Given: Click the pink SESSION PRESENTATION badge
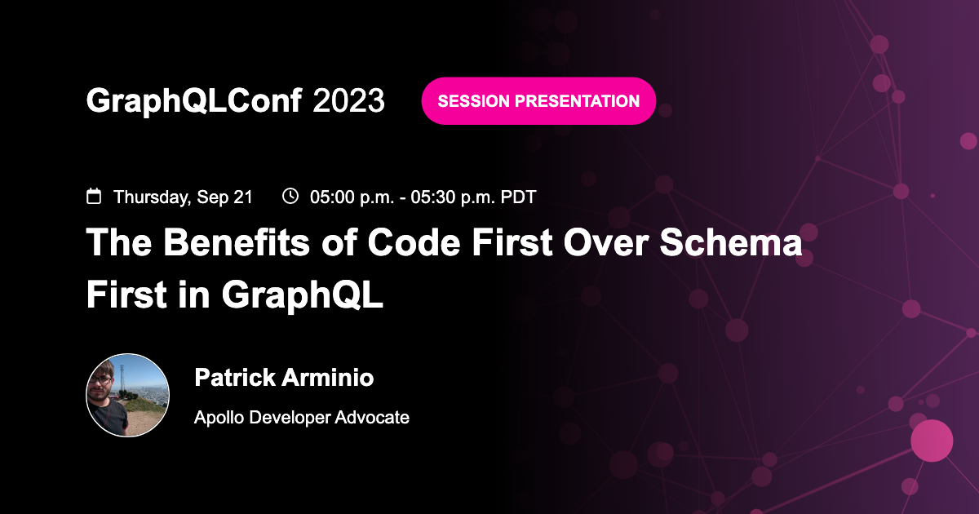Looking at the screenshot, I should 538,101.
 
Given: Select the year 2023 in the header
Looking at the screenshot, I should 348,101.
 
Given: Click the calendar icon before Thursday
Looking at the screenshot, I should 95,197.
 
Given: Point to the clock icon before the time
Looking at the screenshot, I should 290,196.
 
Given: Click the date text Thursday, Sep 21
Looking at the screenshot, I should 183,197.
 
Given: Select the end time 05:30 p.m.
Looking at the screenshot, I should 453,197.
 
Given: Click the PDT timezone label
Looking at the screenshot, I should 519,197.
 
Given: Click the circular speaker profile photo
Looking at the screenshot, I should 128,396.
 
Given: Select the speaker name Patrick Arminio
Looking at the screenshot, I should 284,378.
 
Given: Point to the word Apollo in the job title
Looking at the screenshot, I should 219,418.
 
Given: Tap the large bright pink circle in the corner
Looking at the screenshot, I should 932,441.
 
